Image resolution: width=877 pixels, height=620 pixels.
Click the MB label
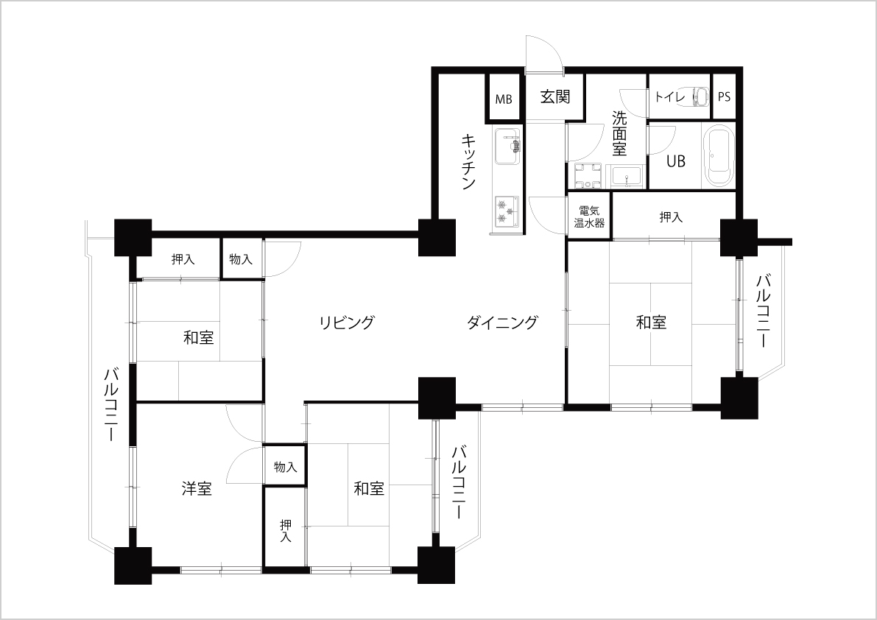[504, 99]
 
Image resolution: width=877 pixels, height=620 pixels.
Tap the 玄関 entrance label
[554, 96]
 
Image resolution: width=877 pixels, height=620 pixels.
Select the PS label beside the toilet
[724, 96]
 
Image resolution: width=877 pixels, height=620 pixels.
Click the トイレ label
[669, 96]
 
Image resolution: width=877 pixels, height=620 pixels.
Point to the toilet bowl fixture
[699, 96]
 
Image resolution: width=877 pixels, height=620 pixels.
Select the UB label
[675, 161]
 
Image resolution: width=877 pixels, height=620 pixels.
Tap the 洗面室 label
[619, 133]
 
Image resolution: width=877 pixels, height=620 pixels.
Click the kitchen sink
[507, 147]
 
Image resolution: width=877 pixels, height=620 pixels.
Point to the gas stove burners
[507, 212]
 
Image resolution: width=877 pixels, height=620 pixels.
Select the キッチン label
[469, 161]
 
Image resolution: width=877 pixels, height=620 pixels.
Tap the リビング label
[346, 323]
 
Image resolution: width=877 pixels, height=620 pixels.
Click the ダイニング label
[501, 323]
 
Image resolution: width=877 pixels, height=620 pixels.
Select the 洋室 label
[197, 489]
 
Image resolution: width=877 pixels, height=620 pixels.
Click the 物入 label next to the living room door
[241, 259]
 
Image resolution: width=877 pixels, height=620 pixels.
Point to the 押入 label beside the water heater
[671, 216]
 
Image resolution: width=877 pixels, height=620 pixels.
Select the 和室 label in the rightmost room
[651, 323]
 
